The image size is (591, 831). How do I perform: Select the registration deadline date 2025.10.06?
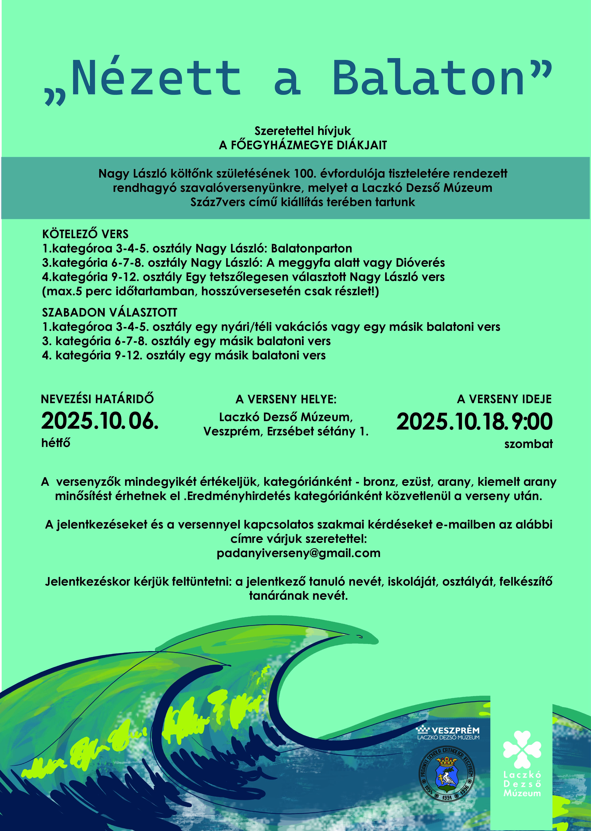click(x=100, y=421)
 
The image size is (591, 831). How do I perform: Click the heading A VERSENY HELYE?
click(x=286, y=399)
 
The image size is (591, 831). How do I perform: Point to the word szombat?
click(x=528, y=444)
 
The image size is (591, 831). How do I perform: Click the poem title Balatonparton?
click(x=311, y=249)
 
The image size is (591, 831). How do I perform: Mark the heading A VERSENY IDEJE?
click(x=504, y=399)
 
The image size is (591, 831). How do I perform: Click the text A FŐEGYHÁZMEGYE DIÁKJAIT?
click(x=303, y=145)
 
